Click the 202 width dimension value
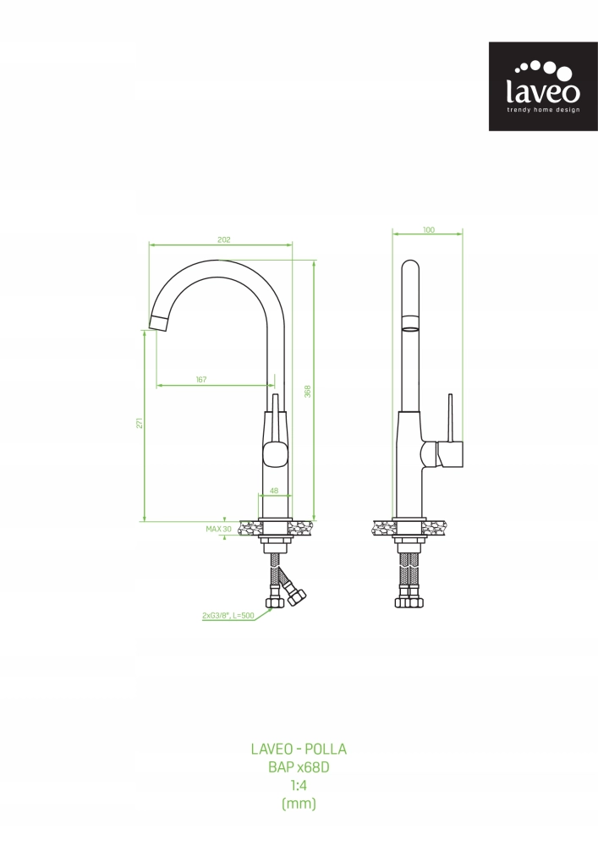pos(224,239)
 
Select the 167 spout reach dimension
pos(201,379)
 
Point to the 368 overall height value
pos(307,391)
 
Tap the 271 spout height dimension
pos(139,423)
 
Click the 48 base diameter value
pos(274,491)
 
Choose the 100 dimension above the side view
pos(429,230)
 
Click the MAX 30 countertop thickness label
pos(218,529)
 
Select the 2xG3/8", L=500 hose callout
pos(228,615)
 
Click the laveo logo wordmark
pos(543,91)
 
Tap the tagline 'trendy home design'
pos(543,110)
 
